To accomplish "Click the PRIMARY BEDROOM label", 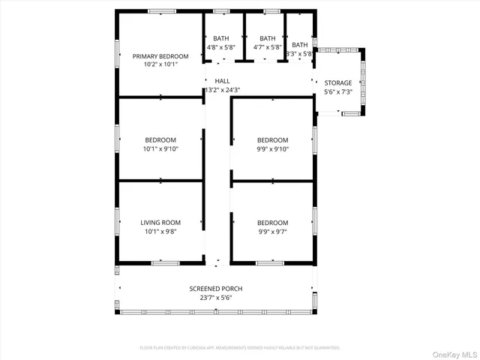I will [160, 56].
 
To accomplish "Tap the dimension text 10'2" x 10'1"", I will [160, 64].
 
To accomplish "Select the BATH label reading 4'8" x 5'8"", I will [221, 38].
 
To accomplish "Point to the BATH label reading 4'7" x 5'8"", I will [267, 38].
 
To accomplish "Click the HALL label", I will [223, 81].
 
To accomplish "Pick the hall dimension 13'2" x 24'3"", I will [223, 90].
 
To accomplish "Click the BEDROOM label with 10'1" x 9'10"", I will [160, 140].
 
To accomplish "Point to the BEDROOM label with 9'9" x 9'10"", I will [272, 140].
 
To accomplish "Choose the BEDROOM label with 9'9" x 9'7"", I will [272, 223].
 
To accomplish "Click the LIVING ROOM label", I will [160, 223].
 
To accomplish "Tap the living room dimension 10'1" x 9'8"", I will [160, 232].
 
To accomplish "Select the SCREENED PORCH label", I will [216, 289].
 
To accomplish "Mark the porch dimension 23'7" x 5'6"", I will [216, 298].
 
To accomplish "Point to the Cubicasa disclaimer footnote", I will [240, 348].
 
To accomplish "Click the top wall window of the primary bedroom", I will [161, 11].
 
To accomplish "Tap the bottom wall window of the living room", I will [164, 262].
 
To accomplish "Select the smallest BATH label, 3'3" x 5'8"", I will [300, 45].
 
